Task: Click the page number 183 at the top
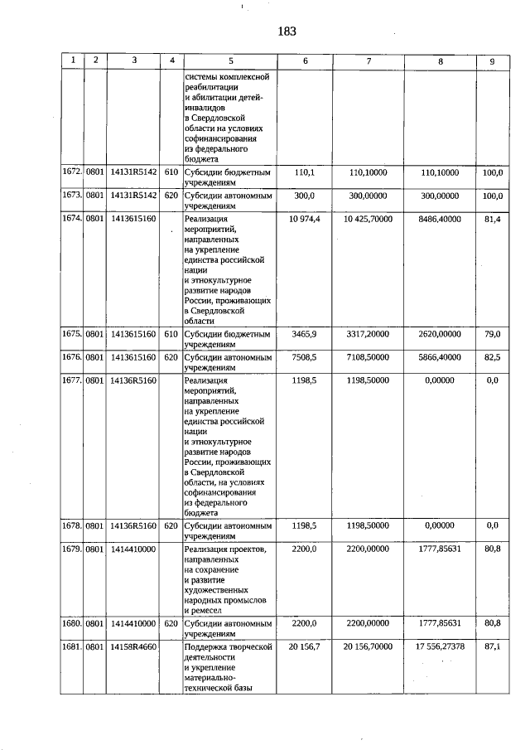(x=287, y=31)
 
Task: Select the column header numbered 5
(x=231, y=60)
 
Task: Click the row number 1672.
(x=72, y=172)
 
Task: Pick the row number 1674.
(x=72, y=218)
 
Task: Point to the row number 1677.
(x=72, y=380)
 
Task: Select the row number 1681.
(x=72, y=646)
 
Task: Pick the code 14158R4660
(x=133, y=646)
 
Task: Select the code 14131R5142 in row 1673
(x=133, y=195)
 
